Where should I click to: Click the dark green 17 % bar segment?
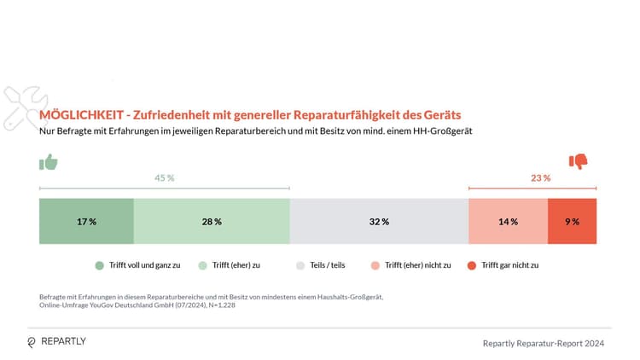click(x=86, y=221)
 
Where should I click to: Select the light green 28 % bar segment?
click(x=212, y=221)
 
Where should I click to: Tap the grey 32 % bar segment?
click(x=379, y=221)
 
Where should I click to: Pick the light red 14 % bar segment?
click(x=508, y=221)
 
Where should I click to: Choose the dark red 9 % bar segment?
click(x=572, y=221)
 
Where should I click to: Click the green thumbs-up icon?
click(x=49, y=162)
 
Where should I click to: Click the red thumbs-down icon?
click(x=579, y=161)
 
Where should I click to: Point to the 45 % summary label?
click(x=164, y=178)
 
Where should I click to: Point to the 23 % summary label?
click(x=540, y=178)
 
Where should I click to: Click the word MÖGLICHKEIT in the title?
click(x=80, y=114)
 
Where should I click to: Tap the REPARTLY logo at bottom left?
click(x=57, y=341)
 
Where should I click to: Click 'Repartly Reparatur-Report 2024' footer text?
click(x=544, y=343)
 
